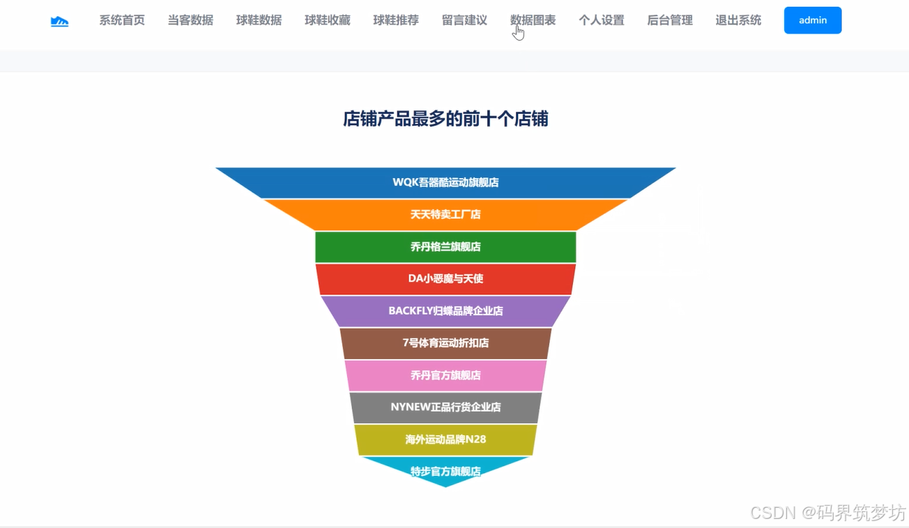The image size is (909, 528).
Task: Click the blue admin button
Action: click(x=812, y=20)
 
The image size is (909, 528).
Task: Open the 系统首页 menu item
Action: click(x=122, y=20)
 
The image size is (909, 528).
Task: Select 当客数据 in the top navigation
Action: click(x=190, y=20)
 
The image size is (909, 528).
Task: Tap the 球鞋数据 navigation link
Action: click(x=259, y=20)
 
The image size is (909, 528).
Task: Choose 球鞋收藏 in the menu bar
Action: click(x=327, y=20)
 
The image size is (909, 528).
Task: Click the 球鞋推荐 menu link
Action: click(x=396, y=20)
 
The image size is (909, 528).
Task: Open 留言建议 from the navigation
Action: click(x=464, y=20)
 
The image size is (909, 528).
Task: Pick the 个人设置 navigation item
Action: click(x=601, y=20)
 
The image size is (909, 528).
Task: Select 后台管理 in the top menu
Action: click(x=669, y=20)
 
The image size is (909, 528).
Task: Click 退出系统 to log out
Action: click(x=738, y=20)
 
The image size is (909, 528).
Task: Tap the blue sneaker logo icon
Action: click(x=60, y=22)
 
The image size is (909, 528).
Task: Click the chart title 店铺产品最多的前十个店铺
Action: click(x=445, y=119)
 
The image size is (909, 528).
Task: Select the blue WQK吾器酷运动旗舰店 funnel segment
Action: click(x=445, y=183)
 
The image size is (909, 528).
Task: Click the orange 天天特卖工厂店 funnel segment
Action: click(x=445, y=215)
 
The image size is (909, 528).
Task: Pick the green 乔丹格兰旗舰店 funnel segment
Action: click(x=445, y=247)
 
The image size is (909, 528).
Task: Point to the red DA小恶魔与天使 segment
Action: click(x=445, y=279)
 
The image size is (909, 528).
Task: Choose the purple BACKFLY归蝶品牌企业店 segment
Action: click(x=445, y=311)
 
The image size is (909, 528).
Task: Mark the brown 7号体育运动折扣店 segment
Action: click(x=445, y=343)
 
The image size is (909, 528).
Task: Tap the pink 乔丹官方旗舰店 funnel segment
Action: click(x=445, y=375)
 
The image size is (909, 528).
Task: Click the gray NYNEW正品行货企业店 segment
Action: click(x=445, y=407)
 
